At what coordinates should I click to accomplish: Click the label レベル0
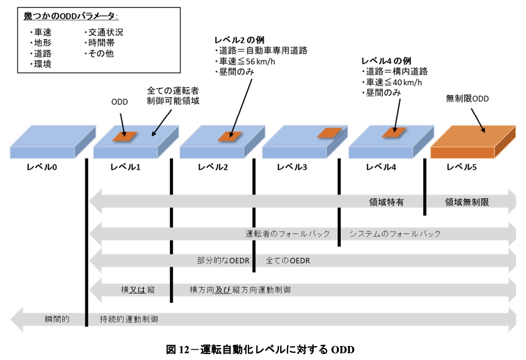tap(42, 167)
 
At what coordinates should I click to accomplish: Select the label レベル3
tap(292, 167)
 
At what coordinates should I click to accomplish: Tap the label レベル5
tap(461, 167)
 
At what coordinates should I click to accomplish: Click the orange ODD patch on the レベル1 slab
tap(125, 136)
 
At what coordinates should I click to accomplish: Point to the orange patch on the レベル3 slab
tap(329, 133)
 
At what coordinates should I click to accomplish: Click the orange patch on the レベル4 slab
tap(394, 132)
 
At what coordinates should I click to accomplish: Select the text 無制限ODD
tap(467, 99)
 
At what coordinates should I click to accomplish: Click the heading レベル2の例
tap(239, 40)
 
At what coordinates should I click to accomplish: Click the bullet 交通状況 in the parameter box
tap(103, 32)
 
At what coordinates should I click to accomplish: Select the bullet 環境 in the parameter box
tap(41, 64)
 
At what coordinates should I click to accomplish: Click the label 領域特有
tap(386, 202)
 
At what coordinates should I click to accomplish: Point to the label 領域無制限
tap(467, 202)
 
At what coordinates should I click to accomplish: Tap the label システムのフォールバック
tap(395, 233)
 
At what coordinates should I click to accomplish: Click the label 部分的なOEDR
tap(223, 261)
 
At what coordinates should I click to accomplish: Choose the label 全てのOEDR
tap(288, 261)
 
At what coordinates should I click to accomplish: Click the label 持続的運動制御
tap(129, 319)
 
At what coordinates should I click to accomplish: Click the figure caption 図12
tap(260, 350)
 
